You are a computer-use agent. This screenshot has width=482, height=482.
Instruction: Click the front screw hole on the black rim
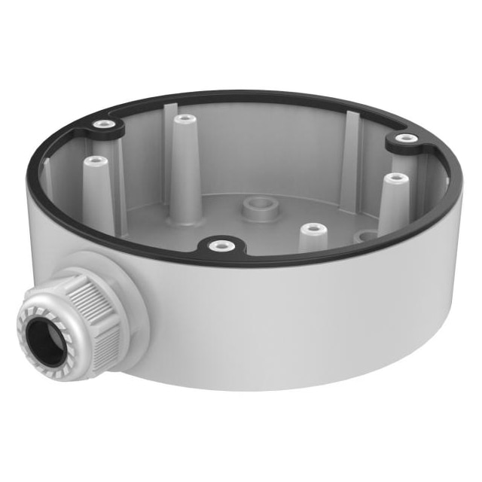pos(219,245)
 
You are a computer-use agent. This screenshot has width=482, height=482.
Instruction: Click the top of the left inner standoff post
pos(94,161)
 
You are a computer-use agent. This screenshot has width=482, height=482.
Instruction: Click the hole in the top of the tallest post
pos(181,118)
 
